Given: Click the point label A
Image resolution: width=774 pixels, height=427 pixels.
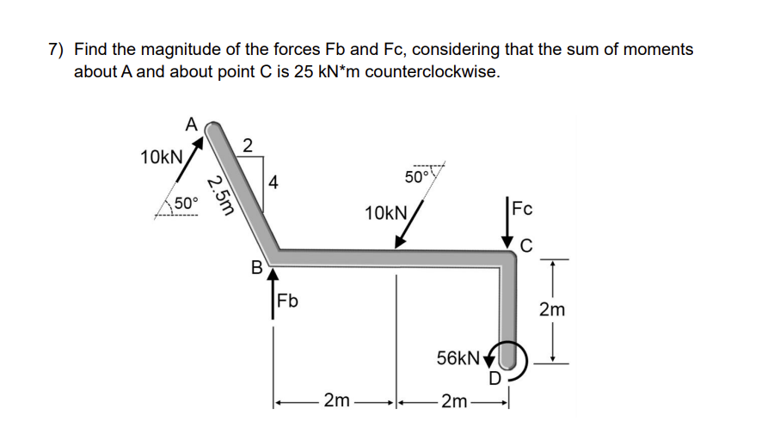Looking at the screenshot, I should [192, 123].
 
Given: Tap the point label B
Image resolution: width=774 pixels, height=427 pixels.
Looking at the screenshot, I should [255, 266].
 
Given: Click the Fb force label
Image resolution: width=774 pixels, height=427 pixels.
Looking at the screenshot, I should [288, 302].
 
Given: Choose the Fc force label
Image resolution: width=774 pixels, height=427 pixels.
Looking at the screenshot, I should [522, 209].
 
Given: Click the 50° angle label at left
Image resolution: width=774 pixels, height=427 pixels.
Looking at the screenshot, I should [186, 204].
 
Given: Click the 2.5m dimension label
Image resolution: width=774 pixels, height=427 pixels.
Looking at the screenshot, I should [222, 198].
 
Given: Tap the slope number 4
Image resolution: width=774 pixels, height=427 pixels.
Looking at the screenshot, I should [273, 182].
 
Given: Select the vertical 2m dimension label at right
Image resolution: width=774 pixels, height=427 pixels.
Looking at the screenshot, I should [551, 309].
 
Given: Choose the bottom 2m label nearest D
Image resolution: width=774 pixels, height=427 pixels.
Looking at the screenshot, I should [452, 400].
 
